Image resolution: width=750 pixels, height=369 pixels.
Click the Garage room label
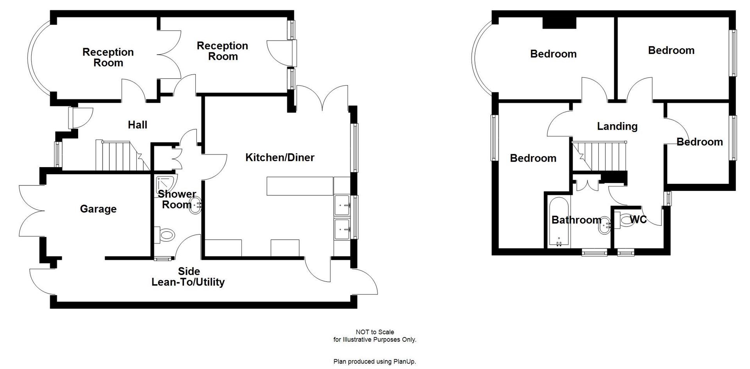click(x=98, y=209)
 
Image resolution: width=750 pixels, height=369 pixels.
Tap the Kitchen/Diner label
click(x=280, y=157)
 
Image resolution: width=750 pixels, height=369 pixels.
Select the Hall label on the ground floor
click(x=137, y=125)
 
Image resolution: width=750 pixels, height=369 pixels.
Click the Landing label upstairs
click(x=617, y=126)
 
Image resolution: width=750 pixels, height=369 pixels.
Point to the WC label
click(x=638, y=219)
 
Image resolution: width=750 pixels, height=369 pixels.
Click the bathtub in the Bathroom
click(x=559, y=223)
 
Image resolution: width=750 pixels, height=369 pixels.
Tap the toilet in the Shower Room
click(x=166, y=235)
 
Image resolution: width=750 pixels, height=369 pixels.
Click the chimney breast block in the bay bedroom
click(x=559, y=23)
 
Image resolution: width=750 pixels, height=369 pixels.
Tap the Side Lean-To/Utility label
click(x=188, y=276)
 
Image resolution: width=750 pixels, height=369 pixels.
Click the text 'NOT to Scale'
click(x=375, y=332)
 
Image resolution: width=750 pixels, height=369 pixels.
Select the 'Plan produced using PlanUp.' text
click(x=375, y=362)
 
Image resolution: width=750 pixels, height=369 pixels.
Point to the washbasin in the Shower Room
click(x=195, y=205)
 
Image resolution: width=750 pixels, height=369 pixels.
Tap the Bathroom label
click(x=576, y=220)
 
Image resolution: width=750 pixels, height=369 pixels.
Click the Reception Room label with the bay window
click(x=108, y=57)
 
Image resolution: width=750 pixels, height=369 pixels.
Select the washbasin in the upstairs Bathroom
click(x=605, y=226)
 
